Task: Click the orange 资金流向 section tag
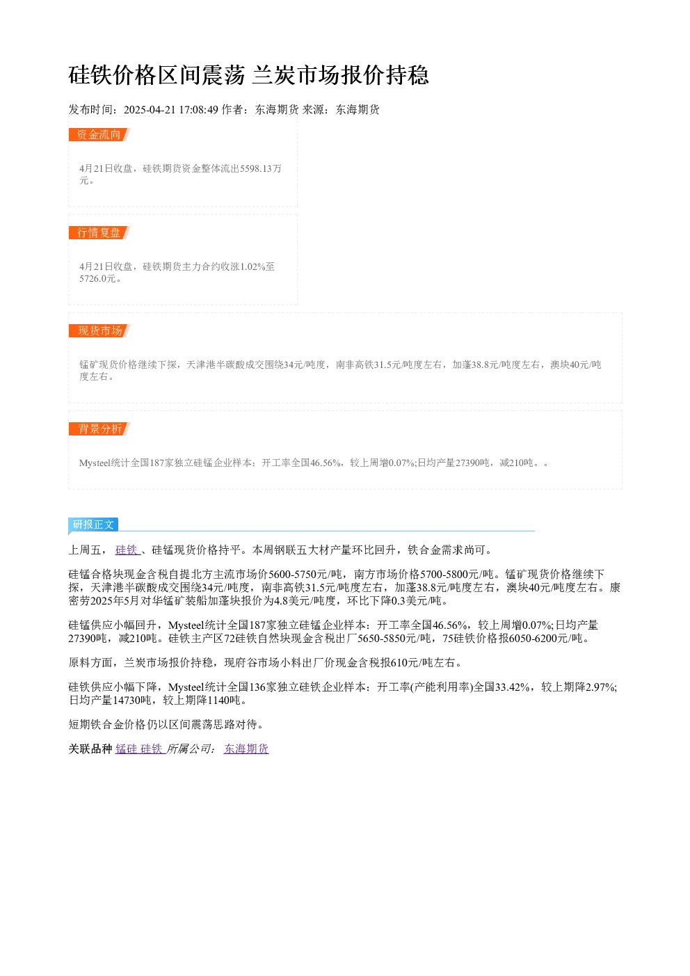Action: click(x=99, y=135)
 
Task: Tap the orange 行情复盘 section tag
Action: click(x=99, y=232)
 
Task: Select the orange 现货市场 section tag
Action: click(x=99, y=330)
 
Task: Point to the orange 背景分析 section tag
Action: click(x=99, y=429)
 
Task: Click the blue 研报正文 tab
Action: click(x=93, y=524)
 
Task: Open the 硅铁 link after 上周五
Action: click(x=127, y=550)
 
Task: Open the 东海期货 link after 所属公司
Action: click(x=246, y=749)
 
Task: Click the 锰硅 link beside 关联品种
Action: click(x=127, y=749)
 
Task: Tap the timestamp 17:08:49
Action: click(x=199, y=110)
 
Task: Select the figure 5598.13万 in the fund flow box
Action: click(x=261, y=168)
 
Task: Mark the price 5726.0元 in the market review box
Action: click(x=97, y=278)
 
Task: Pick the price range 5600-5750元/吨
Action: click(x=305, y=575)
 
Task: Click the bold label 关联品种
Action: click(x=90, y=749)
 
